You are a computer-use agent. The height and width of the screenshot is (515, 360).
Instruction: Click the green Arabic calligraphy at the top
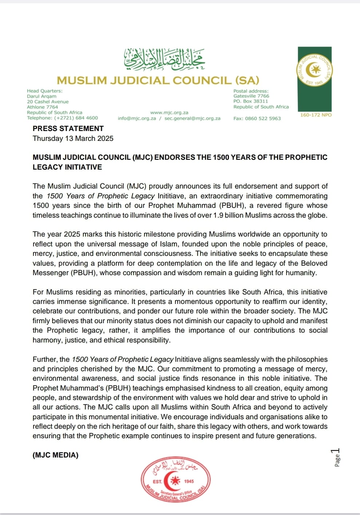click(164, 59)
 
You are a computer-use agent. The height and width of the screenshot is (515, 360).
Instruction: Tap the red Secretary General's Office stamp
click(176, 481)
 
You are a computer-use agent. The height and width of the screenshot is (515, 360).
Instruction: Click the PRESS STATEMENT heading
click(68, 128)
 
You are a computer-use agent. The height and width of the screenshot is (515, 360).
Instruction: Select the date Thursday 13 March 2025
click(73, 138)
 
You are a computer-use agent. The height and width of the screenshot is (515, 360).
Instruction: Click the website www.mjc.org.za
click(169, 113)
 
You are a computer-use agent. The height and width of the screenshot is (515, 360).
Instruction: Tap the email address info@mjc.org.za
click(137, 118)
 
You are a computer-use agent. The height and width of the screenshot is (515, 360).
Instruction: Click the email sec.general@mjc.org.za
click(192, 118)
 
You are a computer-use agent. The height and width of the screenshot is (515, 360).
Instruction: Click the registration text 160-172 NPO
click(316, 115)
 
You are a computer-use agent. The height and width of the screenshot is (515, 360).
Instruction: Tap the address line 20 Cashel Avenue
click(48, 102)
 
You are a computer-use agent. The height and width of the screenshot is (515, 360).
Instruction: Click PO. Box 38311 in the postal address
click(251, 101)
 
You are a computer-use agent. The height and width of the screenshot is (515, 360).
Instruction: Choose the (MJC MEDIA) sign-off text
click(55, 455)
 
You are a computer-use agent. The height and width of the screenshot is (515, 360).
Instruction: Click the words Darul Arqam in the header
click(41, 96)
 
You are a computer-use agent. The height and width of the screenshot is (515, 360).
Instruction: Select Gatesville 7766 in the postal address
click(251, 96)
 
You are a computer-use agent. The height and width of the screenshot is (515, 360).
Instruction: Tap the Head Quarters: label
click(44, 91)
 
